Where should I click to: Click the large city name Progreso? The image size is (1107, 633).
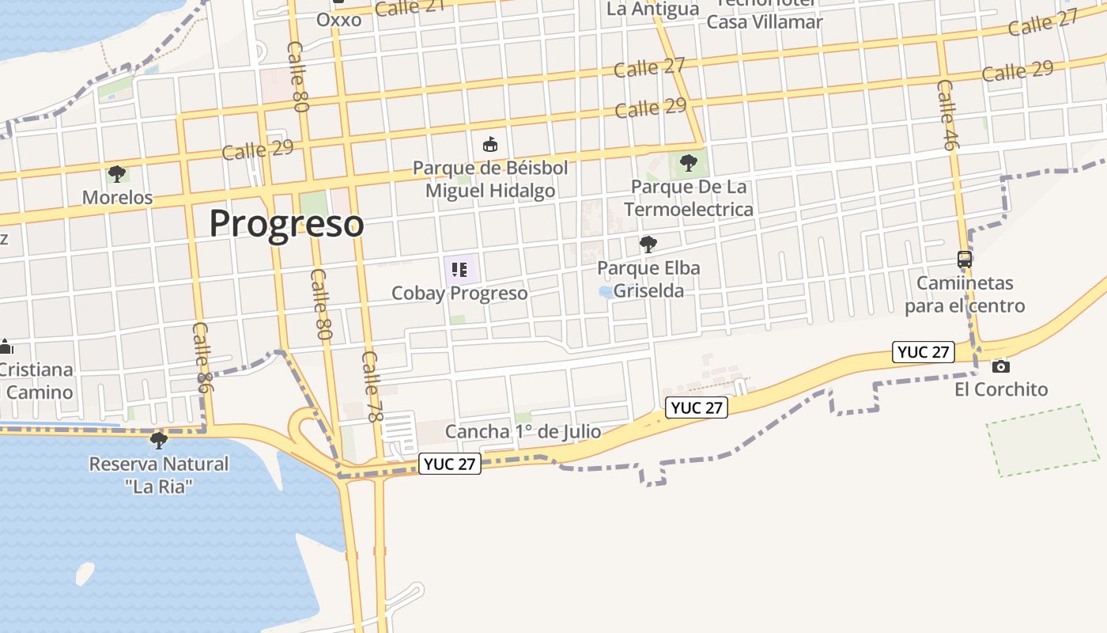tap(286, 223)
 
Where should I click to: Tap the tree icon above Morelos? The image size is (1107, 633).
tap(117, 174)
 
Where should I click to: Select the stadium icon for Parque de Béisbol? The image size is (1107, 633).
tap(490, 145)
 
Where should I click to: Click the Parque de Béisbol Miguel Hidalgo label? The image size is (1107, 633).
tap(490, 180)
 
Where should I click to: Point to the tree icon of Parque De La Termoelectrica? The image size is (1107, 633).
tap(689, 163)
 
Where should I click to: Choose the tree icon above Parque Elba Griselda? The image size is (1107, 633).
tap(648, 244)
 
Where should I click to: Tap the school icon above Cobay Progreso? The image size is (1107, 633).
tap(460, 270)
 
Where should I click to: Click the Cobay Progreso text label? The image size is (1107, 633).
tap(459, 294)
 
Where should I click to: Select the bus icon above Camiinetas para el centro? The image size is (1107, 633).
tap(965, 259)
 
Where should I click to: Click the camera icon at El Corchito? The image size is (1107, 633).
tap(1000, 366)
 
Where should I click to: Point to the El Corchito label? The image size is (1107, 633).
tap(1000, 389)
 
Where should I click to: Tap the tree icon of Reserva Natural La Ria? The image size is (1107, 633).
tap(159, 440)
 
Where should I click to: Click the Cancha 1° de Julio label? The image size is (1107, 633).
tap(523, 432)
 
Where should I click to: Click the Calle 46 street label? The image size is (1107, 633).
tap(947, 115)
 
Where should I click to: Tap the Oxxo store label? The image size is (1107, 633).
tap(338, 19)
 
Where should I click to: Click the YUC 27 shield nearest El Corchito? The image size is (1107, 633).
tap(923, 352)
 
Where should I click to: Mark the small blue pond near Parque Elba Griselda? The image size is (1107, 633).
tap(606, 292)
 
